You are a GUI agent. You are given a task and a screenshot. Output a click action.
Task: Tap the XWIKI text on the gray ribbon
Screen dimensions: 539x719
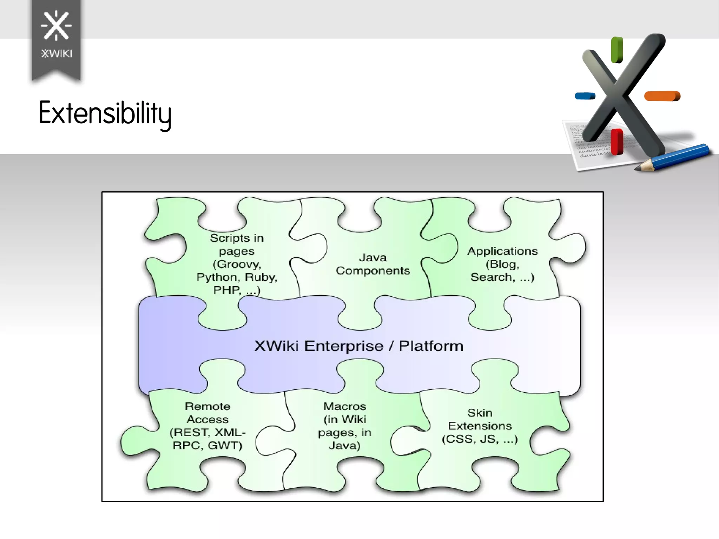57,54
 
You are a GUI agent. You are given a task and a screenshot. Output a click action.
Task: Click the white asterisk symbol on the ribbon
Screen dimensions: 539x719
56,25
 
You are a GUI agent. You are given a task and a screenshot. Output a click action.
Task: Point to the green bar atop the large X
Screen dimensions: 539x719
617,50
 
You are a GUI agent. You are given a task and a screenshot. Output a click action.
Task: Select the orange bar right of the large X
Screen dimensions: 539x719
662,96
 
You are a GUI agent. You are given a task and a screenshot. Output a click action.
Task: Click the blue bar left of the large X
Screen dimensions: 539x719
585,96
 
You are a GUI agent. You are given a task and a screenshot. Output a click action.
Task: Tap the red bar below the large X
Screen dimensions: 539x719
616,142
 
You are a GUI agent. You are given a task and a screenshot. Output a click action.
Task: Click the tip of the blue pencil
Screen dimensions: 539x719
637,169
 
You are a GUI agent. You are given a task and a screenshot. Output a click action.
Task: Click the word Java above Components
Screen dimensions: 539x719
372,258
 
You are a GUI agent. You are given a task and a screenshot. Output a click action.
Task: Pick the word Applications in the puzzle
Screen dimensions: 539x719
502,251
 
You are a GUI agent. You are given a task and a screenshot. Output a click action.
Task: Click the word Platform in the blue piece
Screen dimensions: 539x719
431,346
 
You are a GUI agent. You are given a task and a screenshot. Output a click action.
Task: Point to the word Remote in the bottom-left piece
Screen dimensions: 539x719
207,406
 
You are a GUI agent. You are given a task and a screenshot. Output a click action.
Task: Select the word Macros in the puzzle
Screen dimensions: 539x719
345,406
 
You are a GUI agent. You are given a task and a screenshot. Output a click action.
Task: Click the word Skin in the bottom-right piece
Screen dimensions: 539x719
480,413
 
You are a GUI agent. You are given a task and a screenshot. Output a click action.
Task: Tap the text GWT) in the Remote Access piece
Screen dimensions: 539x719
225,446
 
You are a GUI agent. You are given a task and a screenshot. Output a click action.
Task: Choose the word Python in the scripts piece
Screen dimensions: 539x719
216,277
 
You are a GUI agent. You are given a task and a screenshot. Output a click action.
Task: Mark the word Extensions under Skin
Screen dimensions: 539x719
480,426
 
